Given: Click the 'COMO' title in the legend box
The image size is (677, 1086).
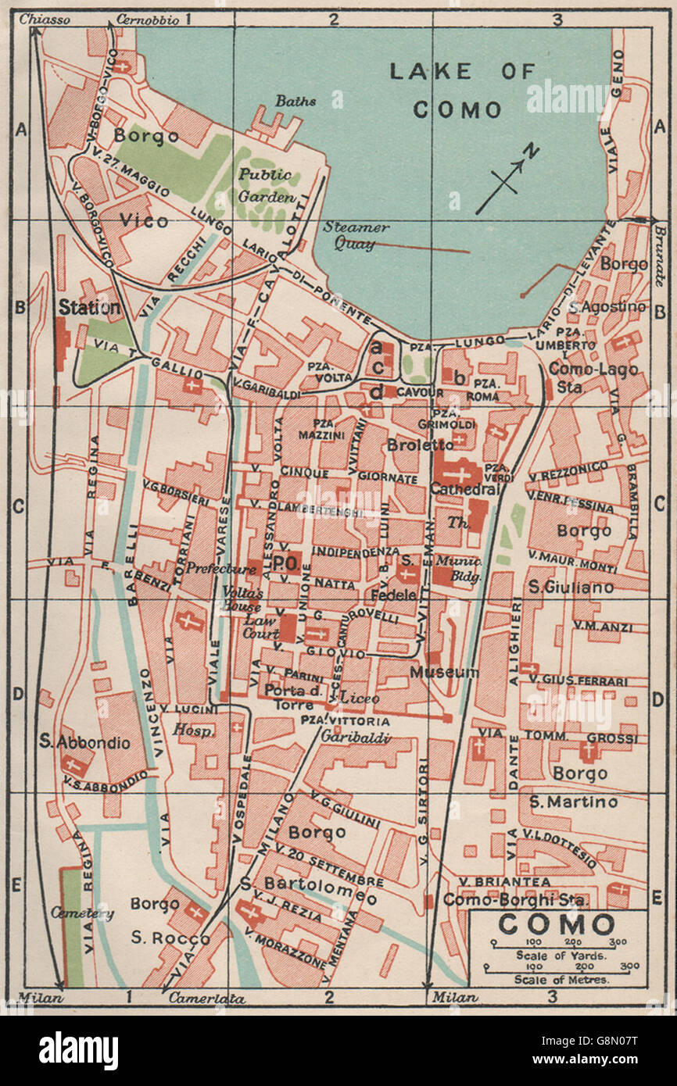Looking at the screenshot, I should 557,924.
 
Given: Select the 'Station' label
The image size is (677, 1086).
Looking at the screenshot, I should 89,308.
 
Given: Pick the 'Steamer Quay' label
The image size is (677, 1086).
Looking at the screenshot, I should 356,235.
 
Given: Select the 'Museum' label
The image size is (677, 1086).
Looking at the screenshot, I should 444,672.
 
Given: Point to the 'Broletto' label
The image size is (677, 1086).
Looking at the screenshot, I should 420,445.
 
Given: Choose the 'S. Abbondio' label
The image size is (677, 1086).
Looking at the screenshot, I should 84,743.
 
